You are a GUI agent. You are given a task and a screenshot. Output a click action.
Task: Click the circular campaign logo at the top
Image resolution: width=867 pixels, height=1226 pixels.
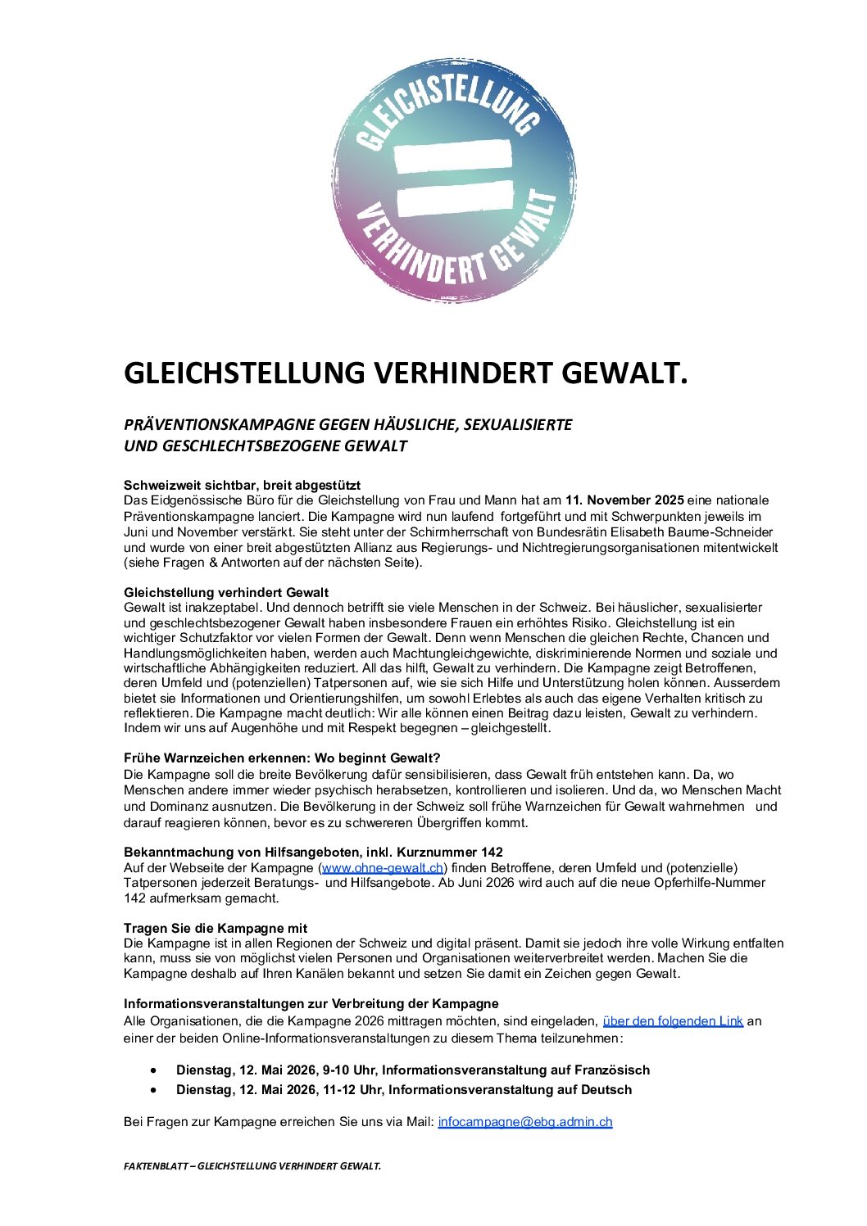(452, 180)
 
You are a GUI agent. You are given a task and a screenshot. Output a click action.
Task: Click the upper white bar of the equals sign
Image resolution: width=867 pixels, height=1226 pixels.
(452, 156)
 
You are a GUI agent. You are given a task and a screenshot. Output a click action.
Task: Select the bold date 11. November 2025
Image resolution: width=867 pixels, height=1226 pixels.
(624, 500)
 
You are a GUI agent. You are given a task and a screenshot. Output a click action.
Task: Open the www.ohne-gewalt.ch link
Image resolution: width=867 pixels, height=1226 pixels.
(383, 868)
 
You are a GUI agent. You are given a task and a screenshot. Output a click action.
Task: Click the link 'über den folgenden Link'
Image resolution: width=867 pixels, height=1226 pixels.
(673, 1021)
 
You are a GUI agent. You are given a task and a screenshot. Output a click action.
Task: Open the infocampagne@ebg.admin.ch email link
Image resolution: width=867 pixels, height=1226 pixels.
(525, 1122)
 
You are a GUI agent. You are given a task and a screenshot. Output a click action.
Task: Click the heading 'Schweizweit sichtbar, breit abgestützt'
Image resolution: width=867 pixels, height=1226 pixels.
(242, 485)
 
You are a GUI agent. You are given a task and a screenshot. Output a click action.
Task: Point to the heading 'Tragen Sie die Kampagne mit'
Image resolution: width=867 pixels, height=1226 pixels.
(216, 928)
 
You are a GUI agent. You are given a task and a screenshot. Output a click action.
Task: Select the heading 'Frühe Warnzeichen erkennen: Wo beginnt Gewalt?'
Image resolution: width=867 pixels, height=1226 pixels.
(282, 758)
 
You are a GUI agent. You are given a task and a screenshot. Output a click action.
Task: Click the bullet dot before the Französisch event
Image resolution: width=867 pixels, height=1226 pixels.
(153, 1070)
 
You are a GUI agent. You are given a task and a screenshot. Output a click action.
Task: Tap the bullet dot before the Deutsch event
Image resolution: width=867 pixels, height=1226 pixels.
(153, 1090)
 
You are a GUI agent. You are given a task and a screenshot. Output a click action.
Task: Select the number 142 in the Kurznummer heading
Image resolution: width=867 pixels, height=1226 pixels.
(492, 852)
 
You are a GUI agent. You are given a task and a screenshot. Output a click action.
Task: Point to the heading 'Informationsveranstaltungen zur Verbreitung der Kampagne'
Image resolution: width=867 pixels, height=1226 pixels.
(311, 1004)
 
